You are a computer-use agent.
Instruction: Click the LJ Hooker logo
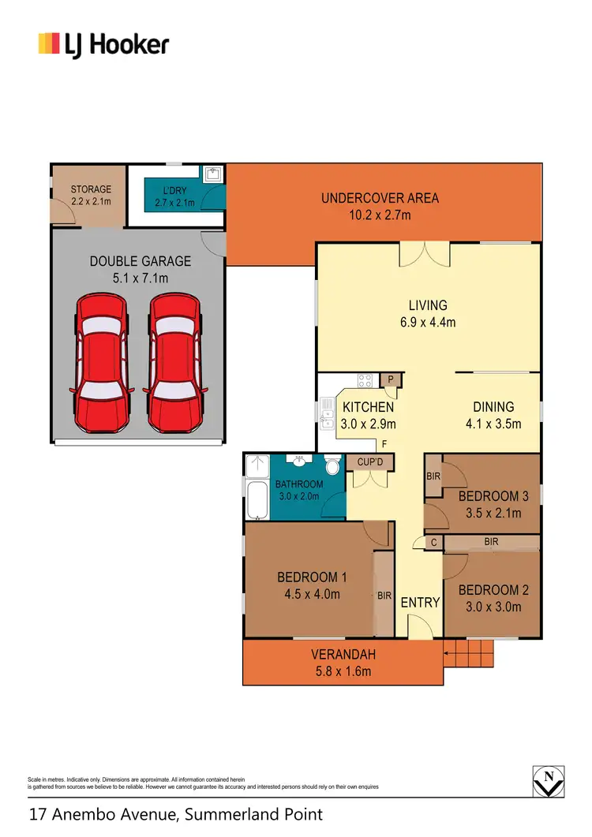[103, 43]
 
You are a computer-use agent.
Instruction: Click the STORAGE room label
[91, 189]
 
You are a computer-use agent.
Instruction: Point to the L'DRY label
[174, 190]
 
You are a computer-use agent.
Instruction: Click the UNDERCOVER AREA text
[380, 198]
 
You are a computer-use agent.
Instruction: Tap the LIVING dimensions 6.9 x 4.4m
[427, 321]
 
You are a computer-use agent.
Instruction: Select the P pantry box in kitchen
[391, 380]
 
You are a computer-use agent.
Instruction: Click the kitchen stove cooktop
[365, 381]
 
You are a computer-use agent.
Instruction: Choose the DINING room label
[493, 407]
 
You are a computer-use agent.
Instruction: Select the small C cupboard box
[434, 543]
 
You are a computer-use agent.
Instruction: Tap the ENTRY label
[420, 602]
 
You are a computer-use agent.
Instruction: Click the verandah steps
[468, 652]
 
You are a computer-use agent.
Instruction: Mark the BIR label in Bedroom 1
[384, 596]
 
